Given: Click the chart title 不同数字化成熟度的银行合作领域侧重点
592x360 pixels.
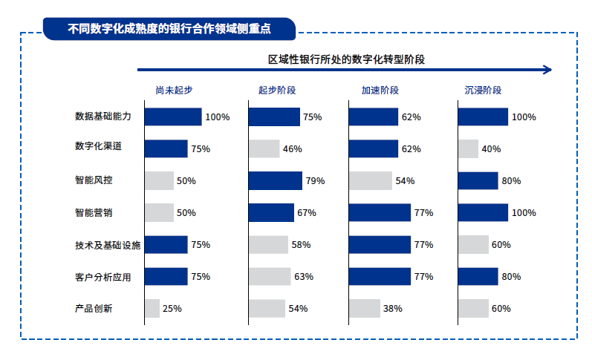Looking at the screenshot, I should click(169, 30).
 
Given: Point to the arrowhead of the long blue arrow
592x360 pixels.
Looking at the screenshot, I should click(548, 70).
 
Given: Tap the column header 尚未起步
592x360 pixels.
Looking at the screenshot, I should click(174, 90).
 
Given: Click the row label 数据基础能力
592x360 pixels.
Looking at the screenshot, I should click(103, 117).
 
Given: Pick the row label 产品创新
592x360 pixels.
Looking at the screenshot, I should click(94, 308).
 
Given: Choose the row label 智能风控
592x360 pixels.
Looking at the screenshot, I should click(94, 180).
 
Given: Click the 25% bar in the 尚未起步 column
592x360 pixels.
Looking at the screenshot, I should click(152, 308).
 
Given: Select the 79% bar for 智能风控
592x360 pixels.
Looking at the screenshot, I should click(276, 180).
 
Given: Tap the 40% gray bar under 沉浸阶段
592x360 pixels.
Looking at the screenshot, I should click(468, 148).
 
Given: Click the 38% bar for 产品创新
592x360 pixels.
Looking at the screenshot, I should click(364, 308).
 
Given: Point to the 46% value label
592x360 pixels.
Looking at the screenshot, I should click(292, 148).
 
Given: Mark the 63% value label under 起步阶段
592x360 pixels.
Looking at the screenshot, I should click(303, 276).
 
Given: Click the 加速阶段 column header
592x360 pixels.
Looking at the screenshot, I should click(380, 90).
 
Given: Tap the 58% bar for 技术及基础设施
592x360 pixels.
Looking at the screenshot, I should click(268, 244).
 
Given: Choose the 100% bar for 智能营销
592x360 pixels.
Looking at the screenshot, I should click(483, 212).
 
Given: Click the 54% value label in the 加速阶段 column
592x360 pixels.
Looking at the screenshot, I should click(405, 180).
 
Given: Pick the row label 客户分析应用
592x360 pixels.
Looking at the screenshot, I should click(103, 276).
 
